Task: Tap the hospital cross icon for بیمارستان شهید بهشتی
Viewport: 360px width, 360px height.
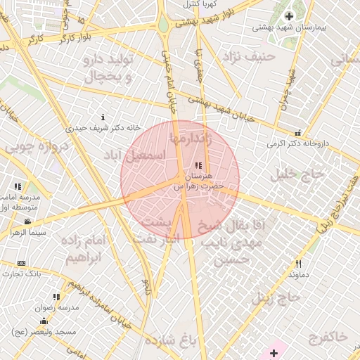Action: tap(288, 16)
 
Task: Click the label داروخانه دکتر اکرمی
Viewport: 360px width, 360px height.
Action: tap(297, 143)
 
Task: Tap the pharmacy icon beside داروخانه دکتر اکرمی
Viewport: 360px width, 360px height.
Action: tap(298, 132)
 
